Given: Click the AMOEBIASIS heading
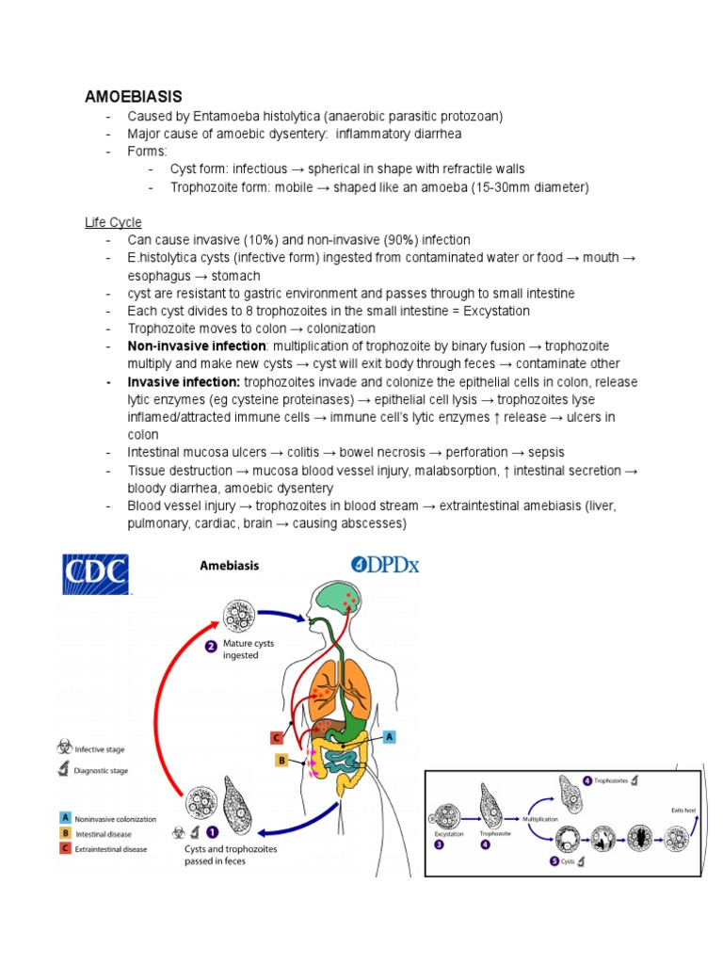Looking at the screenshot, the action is (x=134, y=96).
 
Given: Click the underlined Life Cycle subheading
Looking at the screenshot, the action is (x=113, y=222).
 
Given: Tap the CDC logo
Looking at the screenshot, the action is (x=95, y=574).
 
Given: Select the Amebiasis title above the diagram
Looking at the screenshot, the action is (x=229, y=566).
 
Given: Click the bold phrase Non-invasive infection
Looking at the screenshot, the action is (x=197, y=346).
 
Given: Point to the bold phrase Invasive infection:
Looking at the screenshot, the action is (x=185, y=382).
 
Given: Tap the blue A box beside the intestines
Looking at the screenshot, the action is (x=390, y=739).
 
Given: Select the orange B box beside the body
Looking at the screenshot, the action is (x=281, y=760).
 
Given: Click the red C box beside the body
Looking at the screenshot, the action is (x=276, y=738).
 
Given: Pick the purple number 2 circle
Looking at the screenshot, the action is (x=212, y=647).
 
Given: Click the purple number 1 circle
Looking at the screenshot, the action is (x=212, y=832).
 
